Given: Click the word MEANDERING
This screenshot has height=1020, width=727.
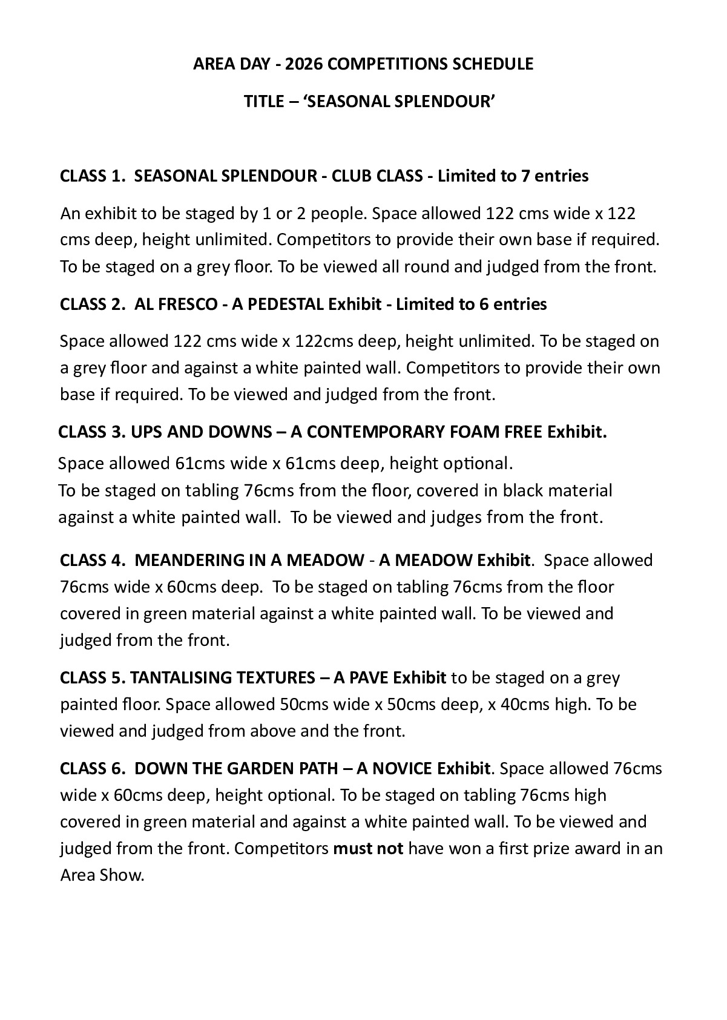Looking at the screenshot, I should (189, 561).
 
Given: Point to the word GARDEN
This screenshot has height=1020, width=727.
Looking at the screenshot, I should (261, 769).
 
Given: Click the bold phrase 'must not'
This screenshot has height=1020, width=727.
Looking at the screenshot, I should (368, 849).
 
